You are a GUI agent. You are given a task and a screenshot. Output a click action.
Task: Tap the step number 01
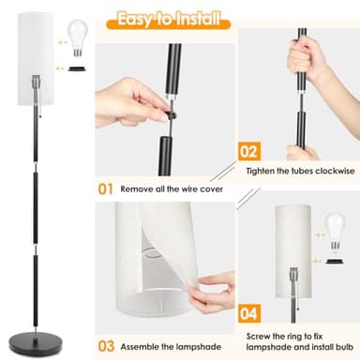click(x=107, y=187)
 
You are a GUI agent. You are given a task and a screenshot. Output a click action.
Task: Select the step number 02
click(x=248, y=149)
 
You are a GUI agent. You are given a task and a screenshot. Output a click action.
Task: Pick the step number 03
click(x=107, y=346)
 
